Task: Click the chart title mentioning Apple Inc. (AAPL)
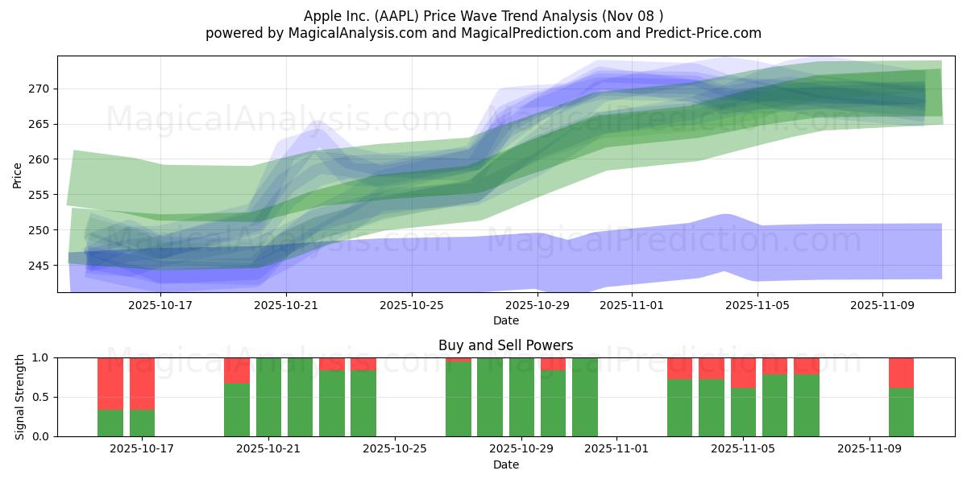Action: tap(483, 15)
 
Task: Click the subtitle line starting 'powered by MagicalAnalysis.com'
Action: tap(483, 33)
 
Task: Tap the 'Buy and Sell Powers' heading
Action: tap(505, 345)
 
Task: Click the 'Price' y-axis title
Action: tap(17, 174)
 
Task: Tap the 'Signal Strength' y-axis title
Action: tap(20, 397)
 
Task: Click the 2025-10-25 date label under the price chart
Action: tap(412, 305)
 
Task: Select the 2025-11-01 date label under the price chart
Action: tap(633, 305)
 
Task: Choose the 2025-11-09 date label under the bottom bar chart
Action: tap(869, 449)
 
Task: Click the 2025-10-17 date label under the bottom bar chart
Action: tap(142, 449)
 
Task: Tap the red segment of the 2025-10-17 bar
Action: tap(142, 383)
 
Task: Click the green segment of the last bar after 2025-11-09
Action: tap(901, 412)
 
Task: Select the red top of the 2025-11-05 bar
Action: tap(743, 373)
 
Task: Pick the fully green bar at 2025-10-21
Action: tap(268, 397)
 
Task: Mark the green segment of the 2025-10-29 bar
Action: tap(521, 397)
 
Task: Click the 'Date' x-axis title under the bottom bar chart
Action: tap(505, 464)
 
